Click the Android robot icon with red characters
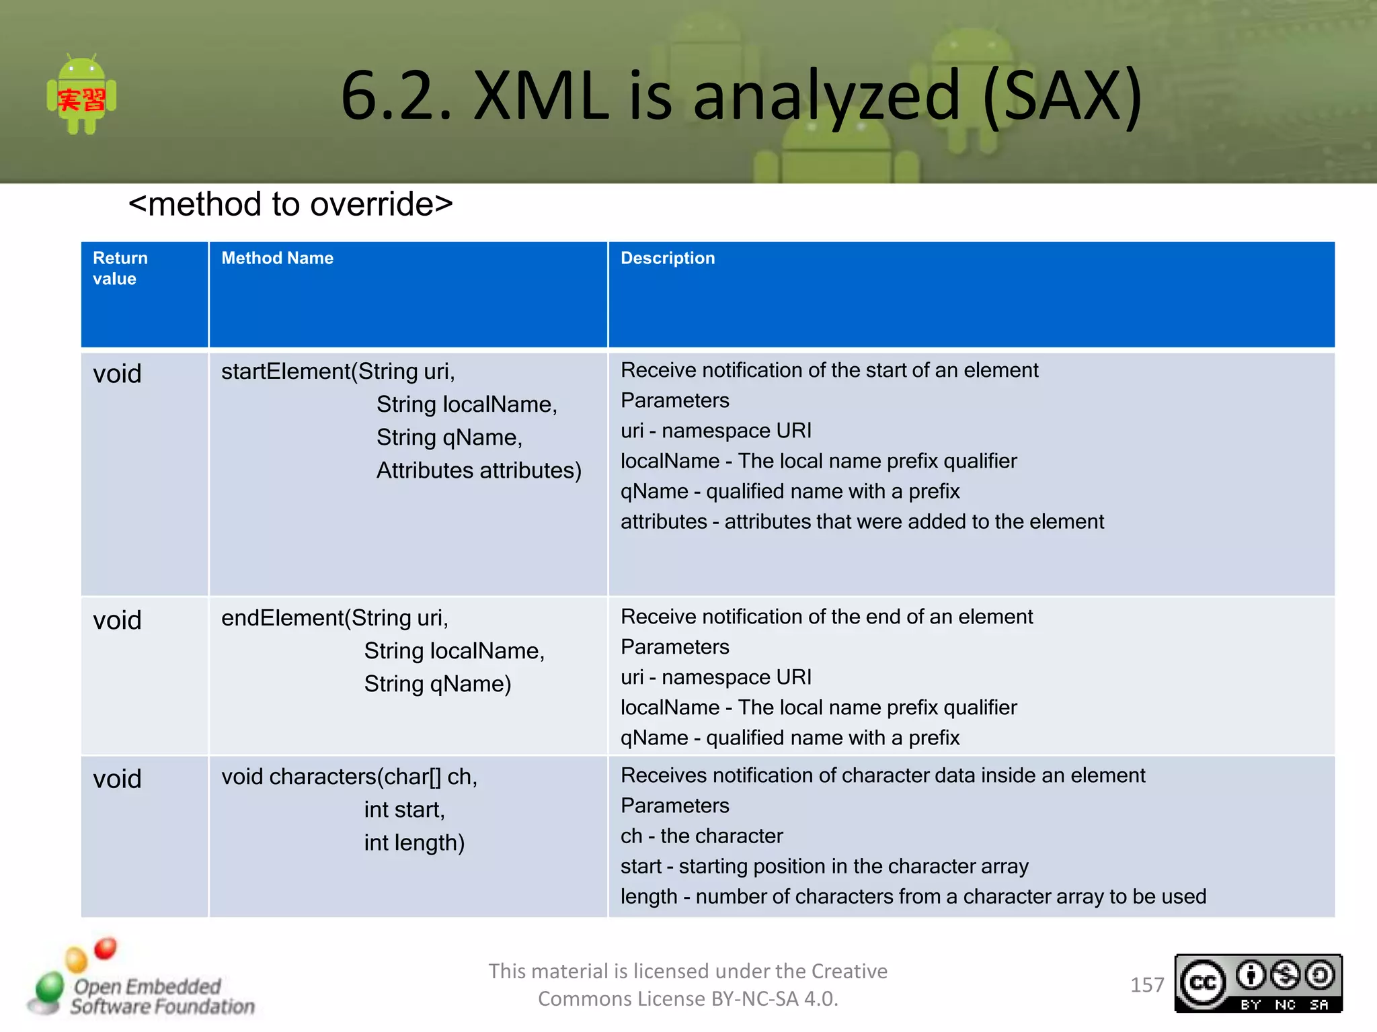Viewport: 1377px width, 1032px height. [81, 95]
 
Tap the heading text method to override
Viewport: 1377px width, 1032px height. [290, 204]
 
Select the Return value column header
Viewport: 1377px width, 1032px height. [120, 268]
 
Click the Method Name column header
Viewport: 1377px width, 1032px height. [277, 258]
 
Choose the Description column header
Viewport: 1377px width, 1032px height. [667, 258]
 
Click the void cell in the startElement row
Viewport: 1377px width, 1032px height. [117, 374]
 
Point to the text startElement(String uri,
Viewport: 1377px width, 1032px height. [338, 372]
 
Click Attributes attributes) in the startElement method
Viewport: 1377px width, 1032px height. [479, 470]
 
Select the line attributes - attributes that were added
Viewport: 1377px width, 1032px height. [861, 521]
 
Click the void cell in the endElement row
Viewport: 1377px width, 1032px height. [117, 620]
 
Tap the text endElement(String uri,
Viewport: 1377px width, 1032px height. [334, 618]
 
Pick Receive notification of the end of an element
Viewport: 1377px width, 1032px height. [826, 616]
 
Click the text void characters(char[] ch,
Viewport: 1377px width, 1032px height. [349, 777]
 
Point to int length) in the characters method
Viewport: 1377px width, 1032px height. [414, 843]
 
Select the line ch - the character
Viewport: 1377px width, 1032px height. [701, 836]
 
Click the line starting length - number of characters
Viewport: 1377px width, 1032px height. [912, 896]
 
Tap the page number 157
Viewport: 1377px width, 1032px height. [1146, 985]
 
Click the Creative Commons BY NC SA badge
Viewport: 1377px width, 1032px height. [1258, 984]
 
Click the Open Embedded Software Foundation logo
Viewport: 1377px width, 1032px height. [141, 981]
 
